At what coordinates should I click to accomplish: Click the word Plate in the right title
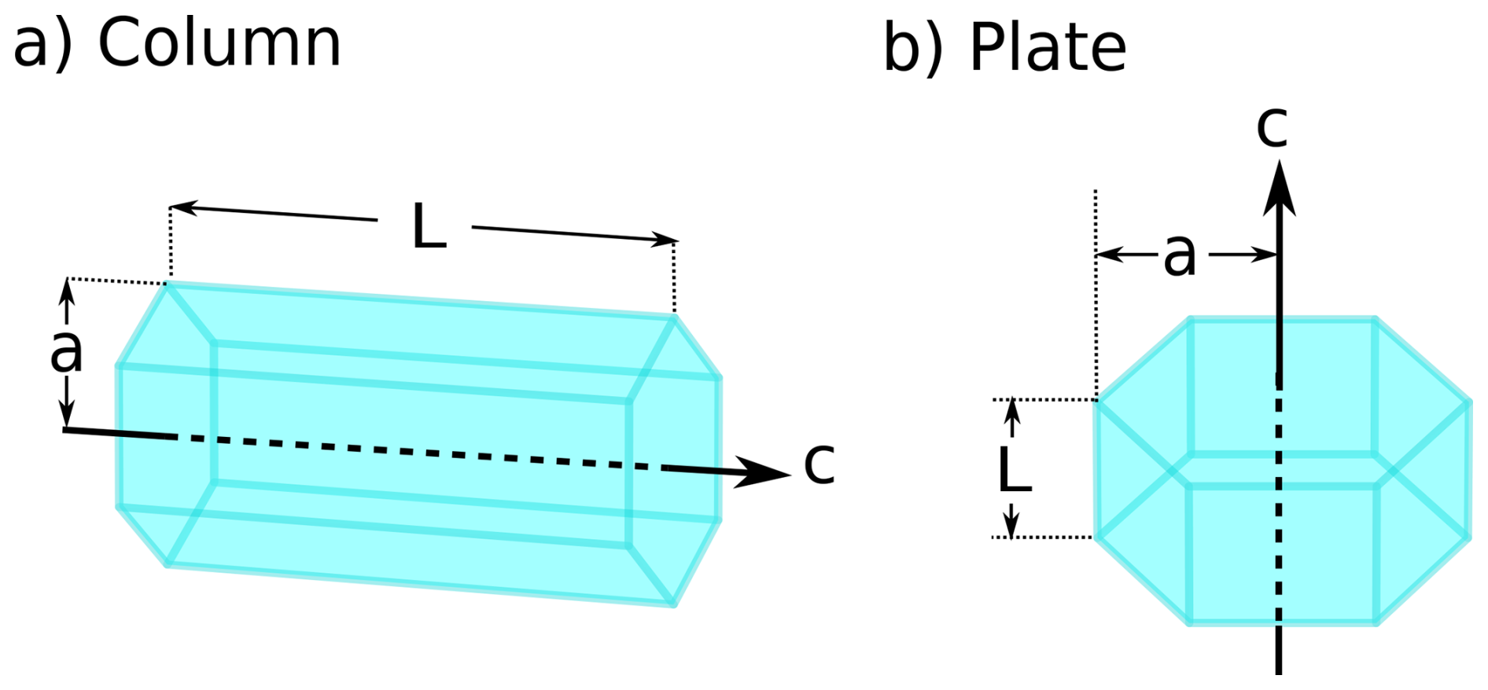(x=1048, y=49)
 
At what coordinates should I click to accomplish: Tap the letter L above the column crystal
(x=429, y=226)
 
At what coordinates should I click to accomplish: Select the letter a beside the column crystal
(x=66, y=351)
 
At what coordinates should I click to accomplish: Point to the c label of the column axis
(x=819, y=463)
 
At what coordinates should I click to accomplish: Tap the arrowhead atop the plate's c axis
(x=1280, y=189)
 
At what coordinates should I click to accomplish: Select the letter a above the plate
(x=1180, y=255)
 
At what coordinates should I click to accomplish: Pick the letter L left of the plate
(x=1014, y=470)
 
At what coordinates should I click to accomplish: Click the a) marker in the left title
(x=43, y=44)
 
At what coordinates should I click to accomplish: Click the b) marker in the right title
(x=912, y=49)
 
